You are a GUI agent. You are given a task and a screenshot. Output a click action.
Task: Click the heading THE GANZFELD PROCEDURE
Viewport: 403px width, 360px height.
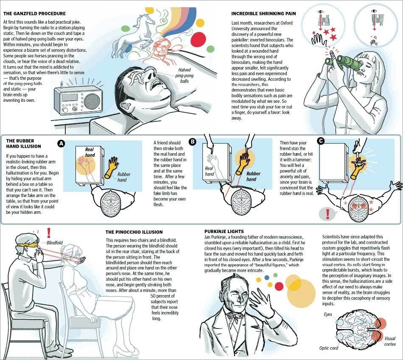tap(34, 14)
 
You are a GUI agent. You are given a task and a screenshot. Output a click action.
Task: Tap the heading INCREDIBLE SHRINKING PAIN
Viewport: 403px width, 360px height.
tap(263, 14)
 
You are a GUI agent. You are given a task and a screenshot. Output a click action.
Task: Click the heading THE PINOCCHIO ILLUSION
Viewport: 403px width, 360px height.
tap(134, 232)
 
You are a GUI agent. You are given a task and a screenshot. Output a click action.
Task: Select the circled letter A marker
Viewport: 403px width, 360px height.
tap(61, 144)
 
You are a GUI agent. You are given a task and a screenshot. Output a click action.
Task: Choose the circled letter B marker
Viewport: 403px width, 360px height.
tap(193, 142)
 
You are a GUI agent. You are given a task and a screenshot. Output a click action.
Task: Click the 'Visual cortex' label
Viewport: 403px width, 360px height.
tap(390, 341)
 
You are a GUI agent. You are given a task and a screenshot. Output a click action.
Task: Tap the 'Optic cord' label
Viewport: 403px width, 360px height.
tap(329, 348)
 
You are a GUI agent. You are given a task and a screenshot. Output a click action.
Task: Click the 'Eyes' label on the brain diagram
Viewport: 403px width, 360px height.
tap(328, 315)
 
